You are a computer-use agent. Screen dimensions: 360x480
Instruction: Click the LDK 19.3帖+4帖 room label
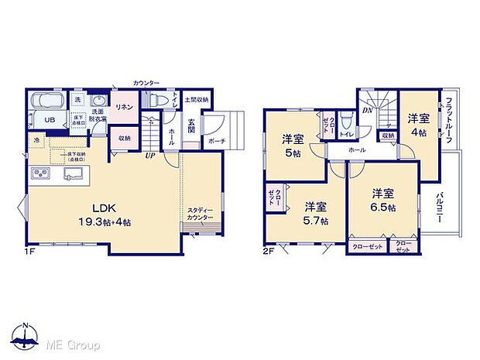[105, 214]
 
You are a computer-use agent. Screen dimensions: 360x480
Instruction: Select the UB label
[48, 120]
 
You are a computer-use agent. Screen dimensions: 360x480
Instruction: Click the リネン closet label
[122, 106]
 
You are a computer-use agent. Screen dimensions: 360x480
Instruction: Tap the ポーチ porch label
[216, 142]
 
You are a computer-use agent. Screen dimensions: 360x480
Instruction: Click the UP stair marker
[149, 155]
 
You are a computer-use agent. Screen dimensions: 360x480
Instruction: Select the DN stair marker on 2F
[366, 111]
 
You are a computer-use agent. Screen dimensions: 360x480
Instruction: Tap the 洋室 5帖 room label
[293, 145]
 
